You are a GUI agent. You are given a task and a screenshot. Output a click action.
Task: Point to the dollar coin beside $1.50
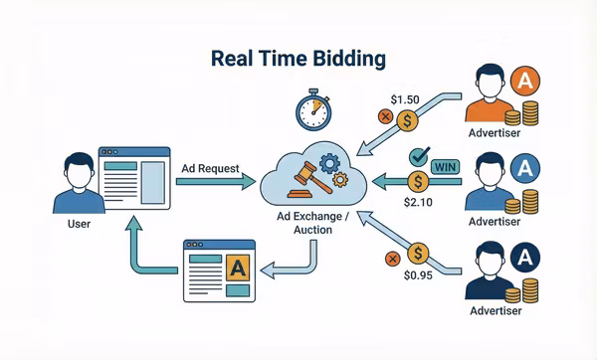coord(408,120)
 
